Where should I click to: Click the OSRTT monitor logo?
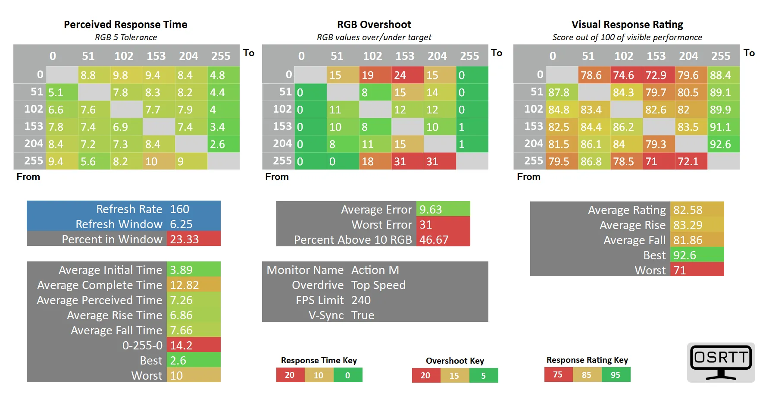(721, 362)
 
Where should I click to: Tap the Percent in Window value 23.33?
(193, 239)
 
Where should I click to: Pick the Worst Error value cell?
(443, 225)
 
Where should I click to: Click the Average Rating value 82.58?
(697, 210)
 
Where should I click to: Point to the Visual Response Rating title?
(627, 25)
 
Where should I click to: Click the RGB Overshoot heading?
(374, 25)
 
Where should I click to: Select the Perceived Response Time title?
(125, 25)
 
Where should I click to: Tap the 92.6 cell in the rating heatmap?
(723, 144)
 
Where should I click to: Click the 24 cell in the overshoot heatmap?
(407, 75)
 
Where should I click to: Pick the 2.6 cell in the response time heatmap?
(223, 144)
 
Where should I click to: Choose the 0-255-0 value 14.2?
(193, 345)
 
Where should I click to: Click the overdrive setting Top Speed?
(378, 285)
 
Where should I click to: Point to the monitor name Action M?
(375, 270)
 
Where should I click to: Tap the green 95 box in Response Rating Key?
(616, 374)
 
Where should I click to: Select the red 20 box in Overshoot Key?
(425, 375)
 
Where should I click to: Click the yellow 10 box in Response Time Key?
(319, 375)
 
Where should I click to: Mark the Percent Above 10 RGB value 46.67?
(443, 240)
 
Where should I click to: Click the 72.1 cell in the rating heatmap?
(691, 161)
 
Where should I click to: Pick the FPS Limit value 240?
(361, 300)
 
